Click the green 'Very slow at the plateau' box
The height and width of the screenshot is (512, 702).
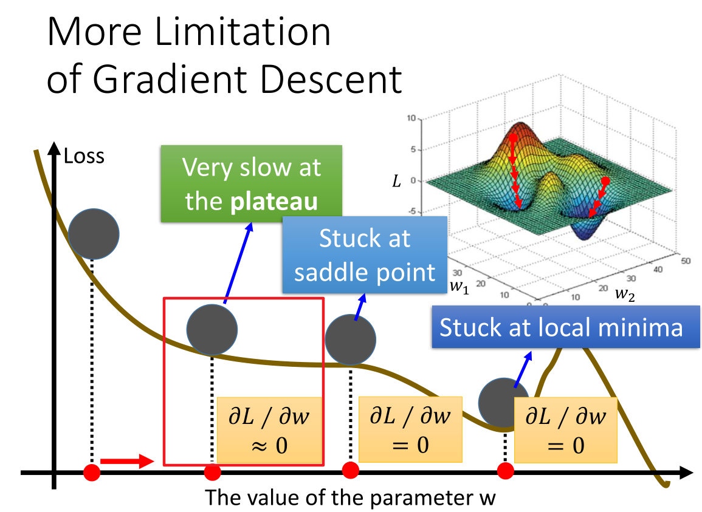pos(251,183)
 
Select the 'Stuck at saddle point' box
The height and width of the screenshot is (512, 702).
pos(365,254)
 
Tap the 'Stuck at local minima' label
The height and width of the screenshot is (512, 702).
pos(565,327)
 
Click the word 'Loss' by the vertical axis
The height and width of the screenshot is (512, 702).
pos(84,156)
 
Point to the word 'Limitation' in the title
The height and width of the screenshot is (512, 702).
pos(243,32)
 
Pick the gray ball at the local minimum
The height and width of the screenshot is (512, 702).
pos(504,403)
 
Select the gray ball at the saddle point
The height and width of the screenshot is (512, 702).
pos(350,340)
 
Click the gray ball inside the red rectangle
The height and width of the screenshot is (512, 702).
pos(212,330)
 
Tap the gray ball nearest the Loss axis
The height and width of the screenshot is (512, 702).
pos(94,234)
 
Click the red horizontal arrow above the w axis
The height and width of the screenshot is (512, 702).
pos(127,461)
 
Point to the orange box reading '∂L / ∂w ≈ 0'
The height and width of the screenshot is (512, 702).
pos(269,430)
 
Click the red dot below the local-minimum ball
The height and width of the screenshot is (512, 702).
pos(506,471)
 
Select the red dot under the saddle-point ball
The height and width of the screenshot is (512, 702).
pos(351,470)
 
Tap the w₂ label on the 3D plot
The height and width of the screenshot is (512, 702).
pos(625,293)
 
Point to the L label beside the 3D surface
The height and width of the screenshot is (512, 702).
pos(397,181)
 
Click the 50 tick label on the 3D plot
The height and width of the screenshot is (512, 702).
pos(686,261)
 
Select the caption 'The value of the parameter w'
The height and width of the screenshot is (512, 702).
pos(350,497)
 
